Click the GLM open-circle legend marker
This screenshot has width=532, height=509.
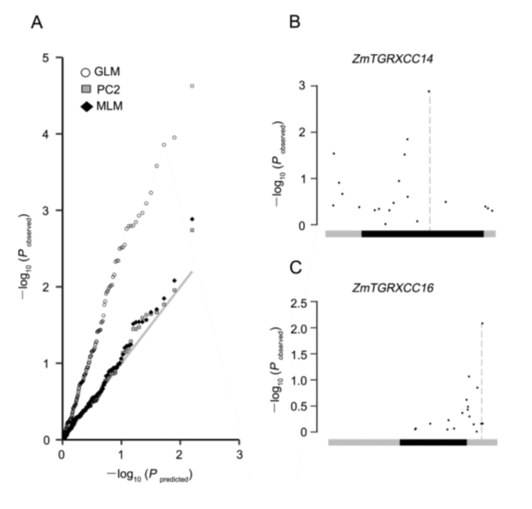pyautogui.click(x=85, y=73)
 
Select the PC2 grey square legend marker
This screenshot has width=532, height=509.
pyautogui.click(x=86, y=89)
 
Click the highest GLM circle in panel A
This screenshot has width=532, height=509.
pyautogui.click(x=192, y=86)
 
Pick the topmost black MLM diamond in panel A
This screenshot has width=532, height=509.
pyautogui.click(x=192, y=219)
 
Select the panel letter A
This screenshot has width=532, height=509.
pyautogui.click(x=37, y=22)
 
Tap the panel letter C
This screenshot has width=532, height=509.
pyautogui.click(x=295, y=268)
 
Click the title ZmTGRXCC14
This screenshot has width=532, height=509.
pyautogui.click(x=393, y=59)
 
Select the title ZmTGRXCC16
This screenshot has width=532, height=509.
pyautogui.click(x=393, y=288)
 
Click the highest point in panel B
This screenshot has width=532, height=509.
pyautogui.click(x=429, y=91)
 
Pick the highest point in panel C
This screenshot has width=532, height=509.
pyautogui.click(x=482, y=323)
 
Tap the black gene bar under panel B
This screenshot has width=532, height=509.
pyautogui.click(x=422, y=234)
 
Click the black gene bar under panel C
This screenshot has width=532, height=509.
pyautogui.click(x=433, y=442)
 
